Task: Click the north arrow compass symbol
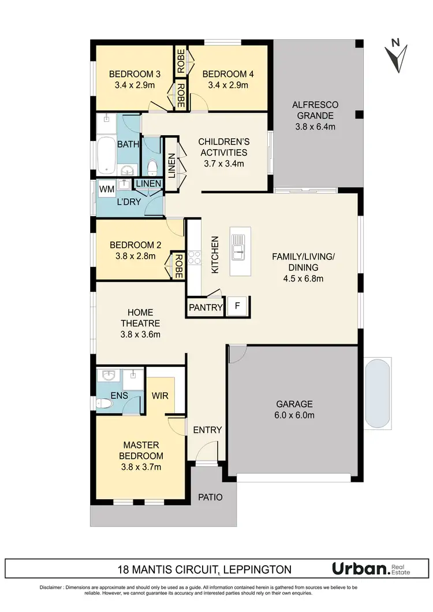(x=397, y=54)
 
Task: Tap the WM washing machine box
(x=106, y=189)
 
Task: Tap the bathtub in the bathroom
(x=106, y=155)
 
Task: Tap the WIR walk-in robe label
(x=160, y=396)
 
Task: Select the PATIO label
(x=210, y=497)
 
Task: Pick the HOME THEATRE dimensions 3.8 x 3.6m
(x=140, y=334)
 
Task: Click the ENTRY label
(x=207, y=429)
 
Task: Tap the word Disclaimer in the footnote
(x=51, y=587)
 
